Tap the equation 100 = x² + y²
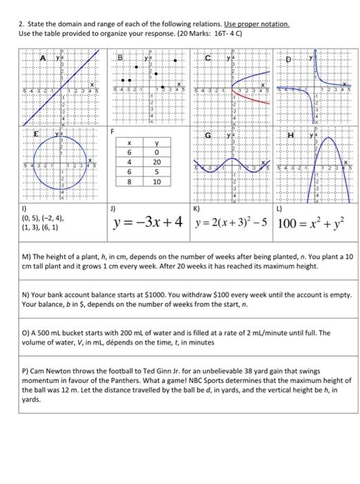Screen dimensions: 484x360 pos(313,223)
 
